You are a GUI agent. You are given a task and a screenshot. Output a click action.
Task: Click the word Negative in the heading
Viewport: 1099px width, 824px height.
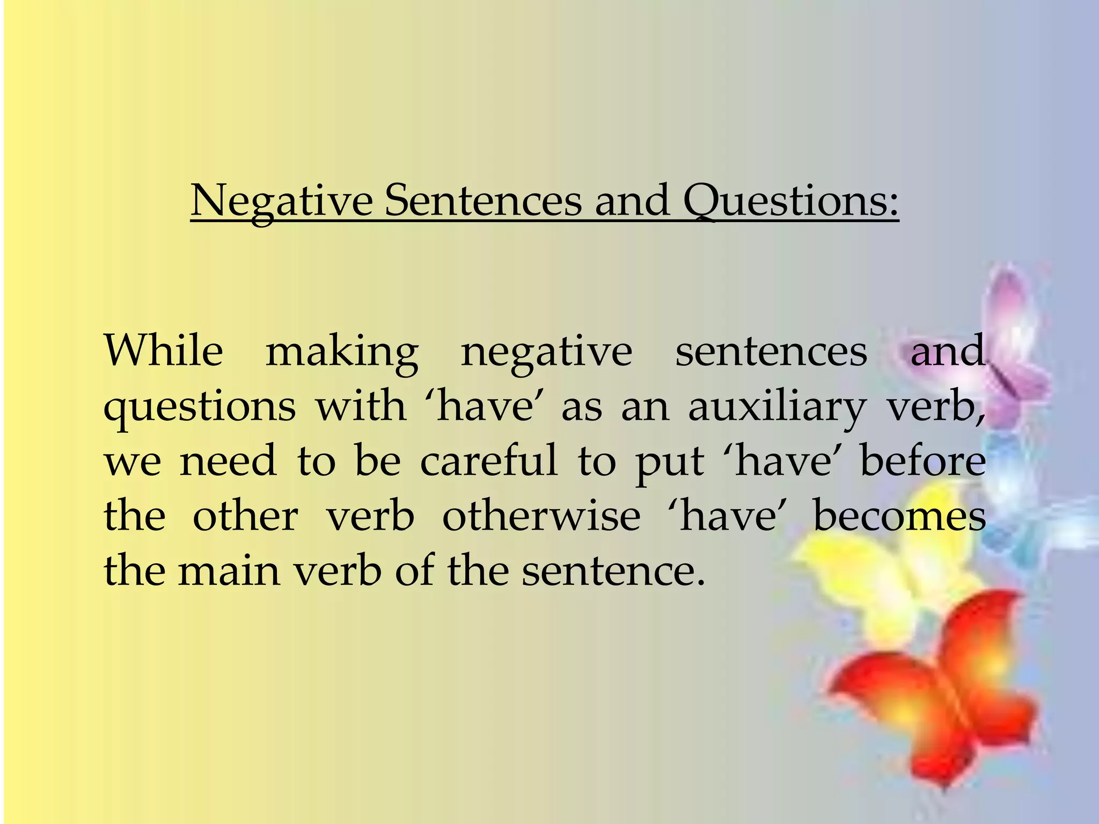click(282, 201)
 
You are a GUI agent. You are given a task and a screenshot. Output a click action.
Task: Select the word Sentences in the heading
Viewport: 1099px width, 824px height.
click(483, 201)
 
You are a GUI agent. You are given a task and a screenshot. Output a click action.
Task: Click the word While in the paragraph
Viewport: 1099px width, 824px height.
click(163, 351)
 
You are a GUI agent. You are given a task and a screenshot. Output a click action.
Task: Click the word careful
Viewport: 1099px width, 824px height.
click(489, 461)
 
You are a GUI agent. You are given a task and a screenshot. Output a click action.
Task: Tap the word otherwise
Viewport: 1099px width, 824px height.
click(541, 516)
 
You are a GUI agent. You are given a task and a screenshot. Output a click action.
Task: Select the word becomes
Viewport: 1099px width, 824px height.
click(899, 516)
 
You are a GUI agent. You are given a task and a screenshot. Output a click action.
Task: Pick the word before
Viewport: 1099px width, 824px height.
click(923, 461)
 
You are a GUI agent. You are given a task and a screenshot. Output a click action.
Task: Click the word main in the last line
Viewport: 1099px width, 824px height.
click(229, 571)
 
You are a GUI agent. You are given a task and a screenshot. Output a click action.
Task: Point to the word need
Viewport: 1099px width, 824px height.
click(228, 461)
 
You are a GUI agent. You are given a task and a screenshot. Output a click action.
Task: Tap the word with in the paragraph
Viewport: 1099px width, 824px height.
click(360, 407)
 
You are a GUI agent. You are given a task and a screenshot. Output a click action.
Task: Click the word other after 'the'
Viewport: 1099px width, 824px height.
click(245, 516)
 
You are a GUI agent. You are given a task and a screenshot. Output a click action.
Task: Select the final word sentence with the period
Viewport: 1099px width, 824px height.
click(613, 571)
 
